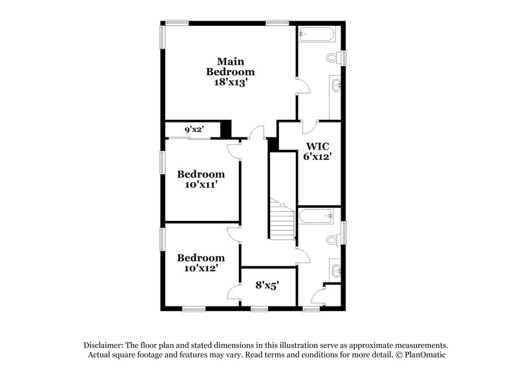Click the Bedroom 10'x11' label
(201, 179)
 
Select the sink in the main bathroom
(335, 84)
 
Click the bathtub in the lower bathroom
(315, 215)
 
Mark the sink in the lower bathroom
(335, 268)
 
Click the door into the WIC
(310, 127)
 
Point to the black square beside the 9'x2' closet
(226, 128)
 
